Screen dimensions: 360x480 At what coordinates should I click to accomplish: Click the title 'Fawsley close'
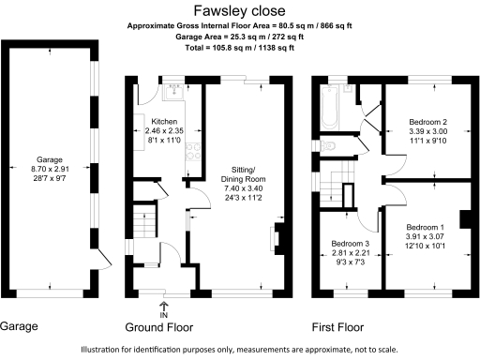coord(239,11)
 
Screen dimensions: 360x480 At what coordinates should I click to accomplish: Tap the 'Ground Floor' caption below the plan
coord(165,327)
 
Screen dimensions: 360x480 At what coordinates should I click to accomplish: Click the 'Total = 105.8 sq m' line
coord(239,48)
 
